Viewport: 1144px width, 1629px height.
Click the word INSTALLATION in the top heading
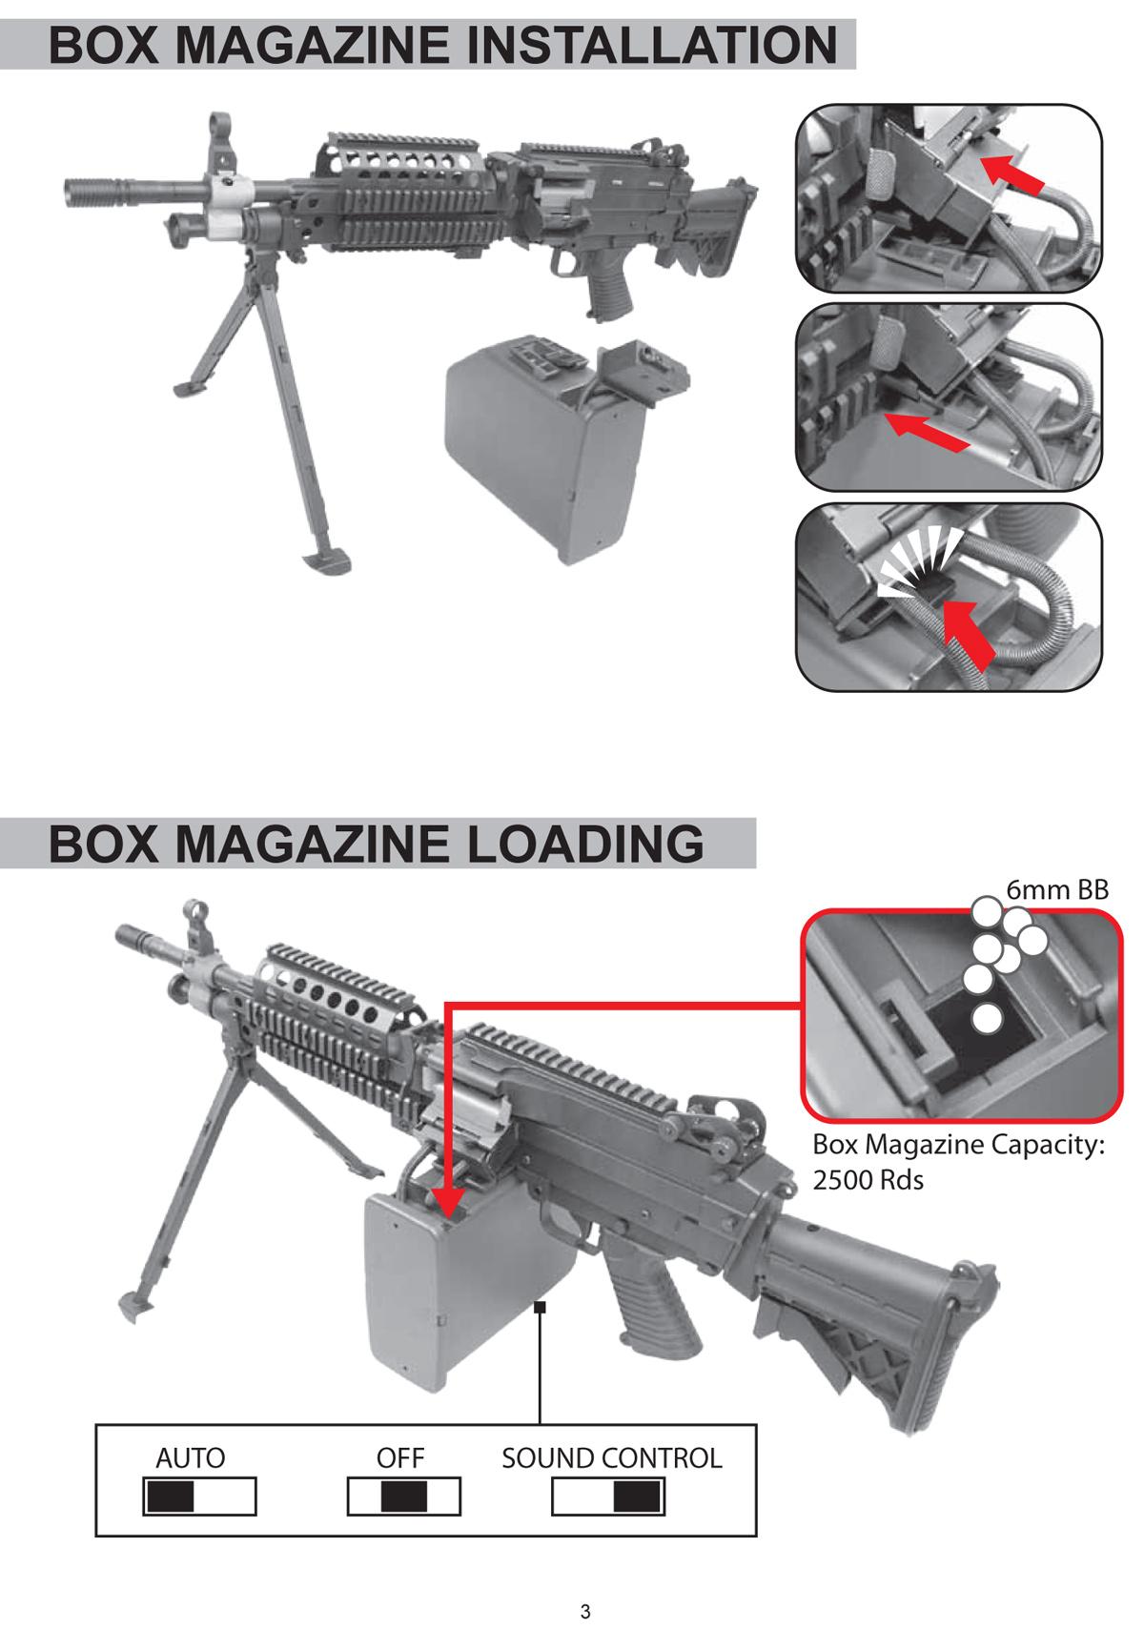click(652, 45)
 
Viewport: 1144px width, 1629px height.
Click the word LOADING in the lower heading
click(584, 844)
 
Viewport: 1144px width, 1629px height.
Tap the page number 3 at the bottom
click(585, 1606)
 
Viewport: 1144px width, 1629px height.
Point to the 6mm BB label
click(1057, 889)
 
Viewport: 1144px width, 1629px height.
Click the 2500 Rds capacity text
click(868, 1179)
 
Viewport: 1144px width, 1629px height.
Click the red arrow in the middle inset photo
click(926, 430)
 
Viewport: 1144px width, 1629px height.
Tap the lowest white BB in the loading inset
click(986, 1018)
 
